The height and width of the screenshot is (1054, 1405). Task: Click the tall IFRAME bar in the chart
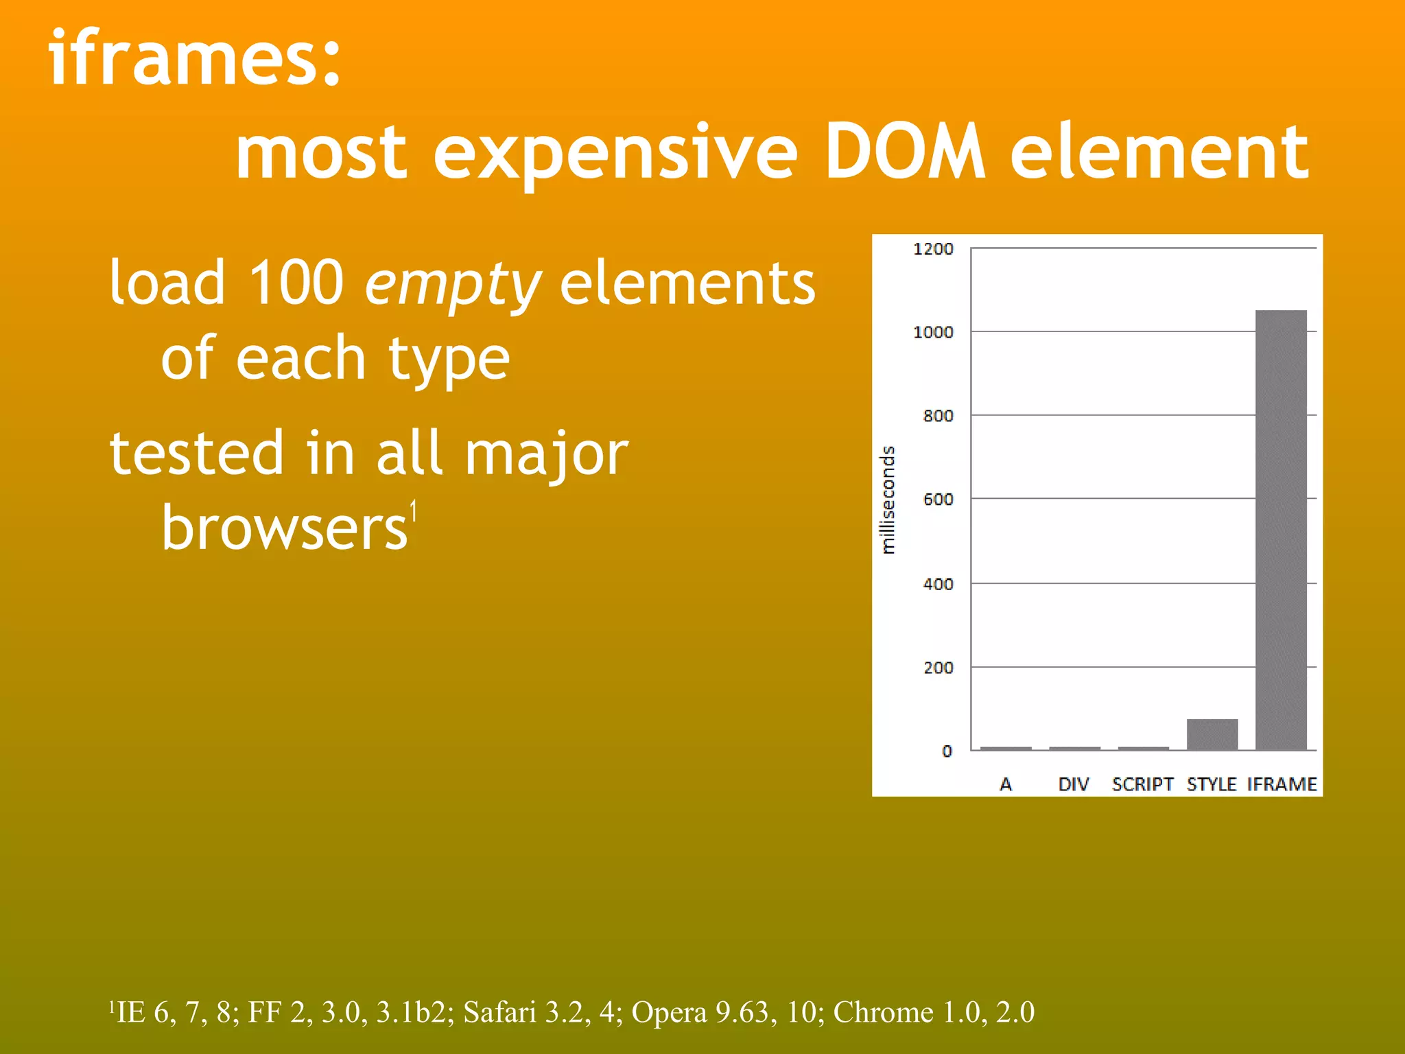[1281, 530]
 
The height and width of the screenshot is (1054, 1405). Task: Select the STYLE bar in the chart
[1212, 734]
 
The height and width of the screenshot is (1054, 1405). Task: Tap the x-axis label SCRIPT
[1142, 784]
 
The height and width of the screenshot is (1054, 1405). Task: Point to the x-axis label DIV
[1074, 784]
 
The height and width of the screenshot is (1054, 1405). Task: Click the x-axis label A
[1006, 784]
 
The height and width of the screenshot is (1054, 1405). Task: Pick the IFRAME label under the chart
[1282, 784]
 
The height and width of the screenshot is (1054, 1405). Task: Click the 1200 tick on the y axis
[933, 249]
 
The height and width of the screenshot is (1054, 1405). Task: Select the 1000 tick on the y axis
[933, 332]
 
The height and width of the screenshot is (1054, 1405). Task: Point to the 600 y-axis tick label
[938, 500]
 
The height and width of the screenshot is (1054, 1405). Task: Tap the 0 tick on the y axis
[947, 751]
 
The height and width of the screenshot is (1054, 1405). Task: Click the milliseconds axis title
[888, 500]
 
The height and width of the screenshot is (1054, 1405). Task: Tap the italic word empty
[453, 284]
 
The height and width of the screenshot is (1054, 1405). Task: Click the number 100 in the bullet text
[296, 283]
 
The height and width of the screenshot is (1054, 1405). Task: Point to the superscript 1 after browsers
[413, 511]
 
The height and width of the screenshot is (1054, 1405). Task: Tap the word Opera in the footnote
[669, 1012]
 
